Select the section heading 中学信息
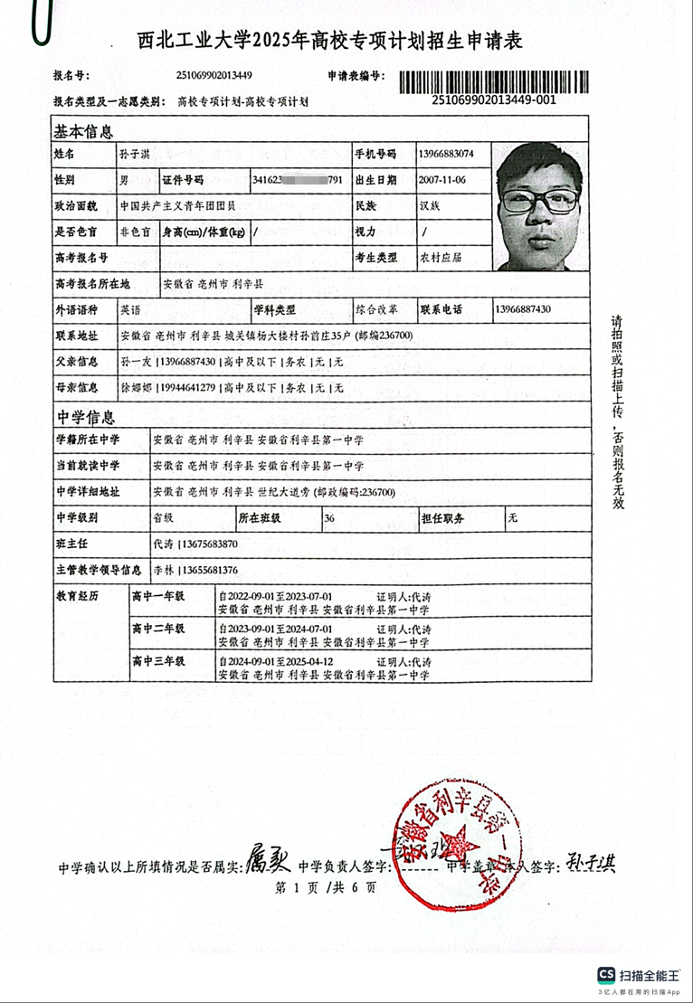click(x=87, y=417)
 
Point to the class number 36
click(x=329, y=519)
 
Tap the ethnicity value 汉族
click(x=430, y=206)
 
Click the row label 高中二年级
click(x=158, y=628)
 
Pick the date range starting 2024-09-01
click(x=277, y=662)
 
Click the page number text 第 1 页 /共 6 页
click(x=324, y=887)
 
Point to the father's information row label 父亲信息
click(x=76, y=362)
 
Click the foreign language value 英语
click(x=130, y=309)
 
